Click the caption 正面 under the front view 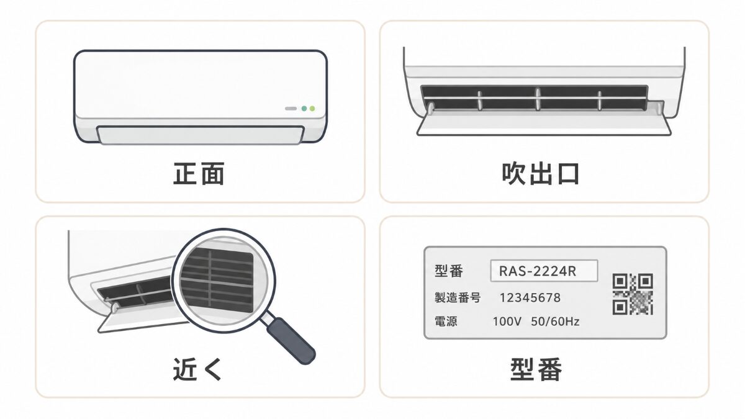(x=199, y=174)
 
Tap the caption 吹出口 (x=541, y=174)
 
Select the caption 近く (x=197, y=369)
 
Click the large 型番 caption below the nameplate (x=536, y=369)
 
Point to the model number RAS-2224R (x=538, y=271)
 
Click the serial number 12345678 (x=530, y=297)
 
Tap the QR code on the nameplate (x=633, y=294)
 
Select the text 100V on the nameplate (x=507, y=322)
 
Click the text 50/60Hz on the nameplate (x=555, y=322)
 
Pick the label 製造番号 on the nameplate (x=458, y=297)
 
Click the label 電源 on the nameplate (x=446, y=322)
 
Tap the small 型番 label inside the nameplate (x=449, y=271)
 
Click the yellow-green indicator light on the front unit (x=312, y=109)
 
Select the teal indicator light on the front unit (x=304, y=109)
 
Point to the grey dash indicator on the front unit (x=291, y=109)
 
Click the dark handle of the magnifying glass (x=291, y=341)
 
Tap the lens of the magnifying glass (x=223, y=281)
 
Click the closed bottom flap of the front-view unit (x=200, y=135)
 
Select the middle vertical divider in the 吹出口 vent (x=538, y=99)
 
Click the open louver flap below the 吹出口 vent (x=544, y=124)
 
